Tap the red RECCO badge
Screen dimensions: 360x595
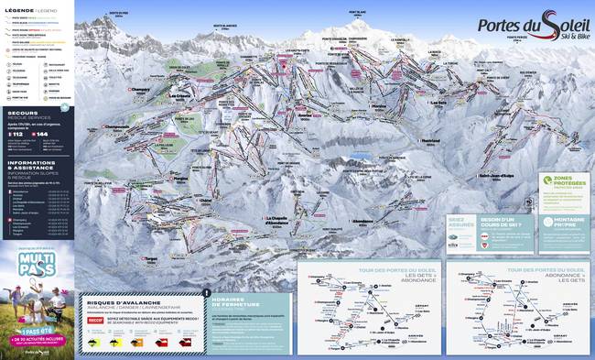point(95,322)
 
